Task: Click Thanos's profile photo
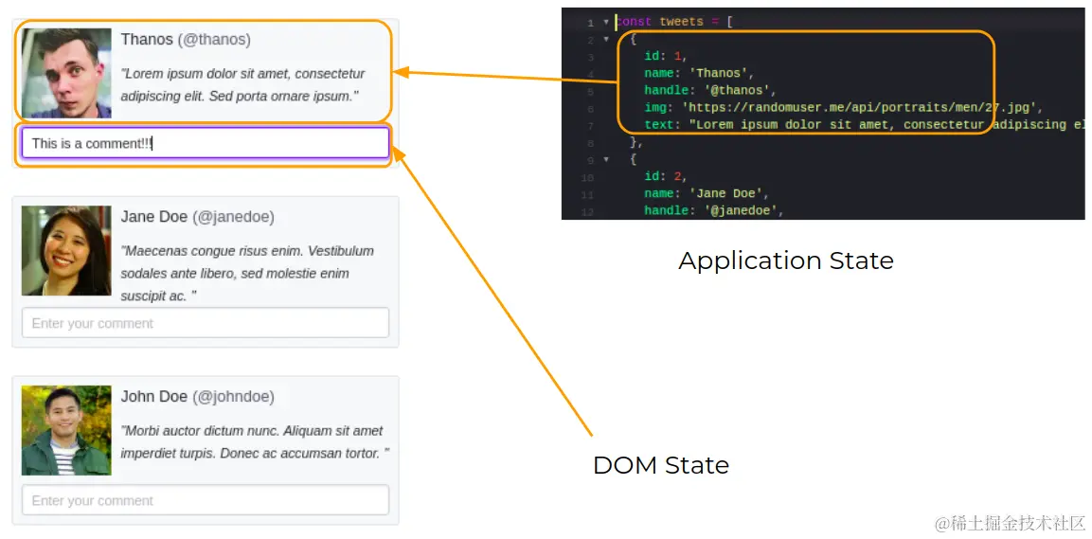(66, 73)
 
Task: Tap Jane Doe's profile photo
(66, 251)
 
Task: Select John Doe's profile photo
(66, 430)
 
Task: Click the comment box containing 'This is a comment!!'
(205, 143)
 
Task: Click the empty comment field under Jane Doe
(205, 323)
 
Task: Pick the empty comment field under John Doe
(205, 500)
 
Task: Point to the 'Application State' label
(785, 261)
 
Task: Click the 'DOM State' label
(660, 465)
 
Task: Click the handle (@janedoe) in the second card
(233, 217)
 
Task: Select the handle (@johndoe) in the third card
(233, 397)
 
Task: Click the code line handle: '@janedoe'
(713, 210)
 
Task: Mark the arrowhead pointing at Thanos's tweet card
(400, 72)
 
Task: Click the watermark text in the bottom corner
(1010, 523)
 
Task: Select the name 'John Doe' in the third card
(153, 397)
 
